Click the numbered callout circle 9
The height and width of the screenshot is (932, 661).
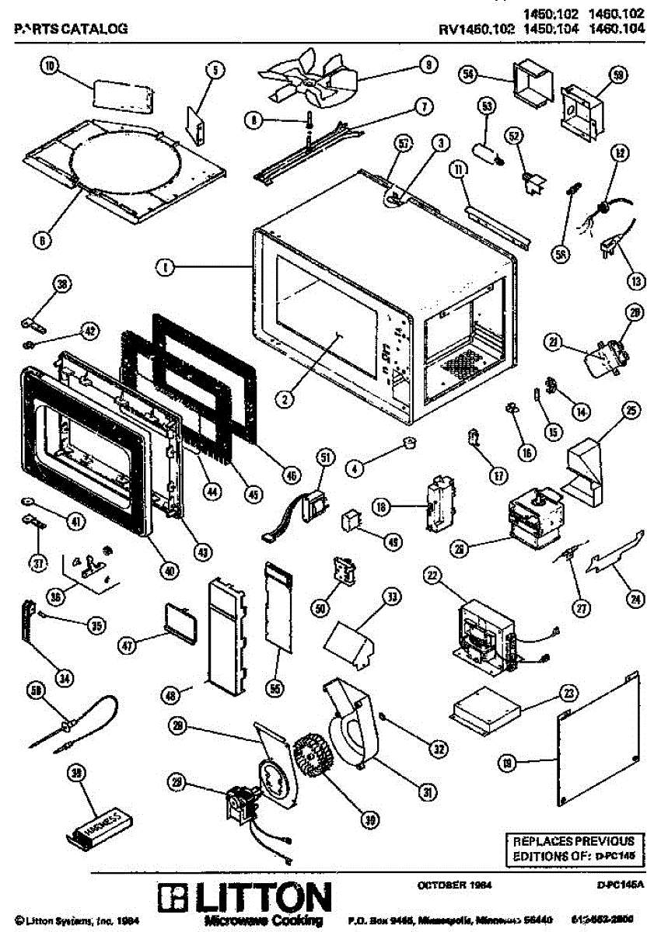426,66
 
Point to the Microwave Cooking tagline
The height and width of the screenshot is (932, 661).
263,920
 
